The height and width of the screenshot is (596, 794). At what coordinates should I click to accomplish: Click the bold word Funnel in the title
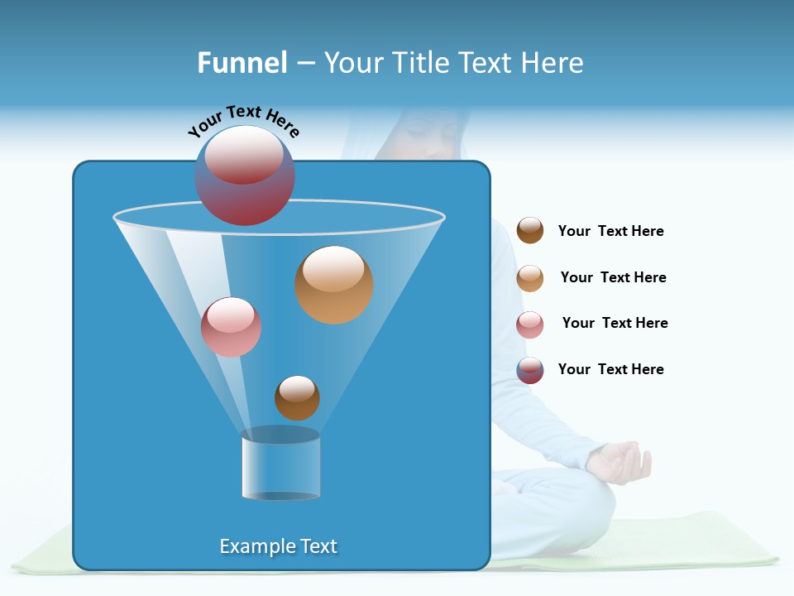(x=242, y=63)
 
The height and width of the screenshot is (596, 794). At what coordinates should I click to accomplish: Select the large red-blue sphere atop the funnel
(x=245, y=175)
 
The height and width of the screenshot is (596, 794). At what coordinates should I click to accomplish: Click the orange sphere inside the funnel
(x=334, y=285)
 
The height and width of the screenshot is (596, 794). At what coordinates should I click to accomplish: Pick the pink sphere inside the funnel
(x=231, y=327)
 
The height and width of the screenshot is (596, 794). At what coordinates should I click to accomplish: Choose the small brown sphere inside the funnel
(x=297, y=398)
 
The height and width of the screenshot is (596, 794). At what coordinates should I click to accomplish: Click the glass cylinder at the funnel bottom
(x=281, y=466)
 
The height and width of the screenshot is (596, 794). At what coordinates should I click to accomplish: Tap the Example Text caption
(x=278, y=546)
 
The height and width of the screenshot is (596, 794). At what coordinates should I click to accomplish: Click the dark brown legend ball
(x=530, y=231)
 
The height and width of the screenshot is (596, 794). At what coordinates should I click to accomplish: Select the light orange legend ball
(x=530, y=278)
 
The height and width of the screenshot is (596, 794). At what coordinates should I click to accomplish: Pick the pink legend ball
(x=530, y=324)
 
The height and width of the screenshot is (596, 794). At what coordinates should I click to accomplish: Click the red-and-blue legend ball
(x=530, y=370)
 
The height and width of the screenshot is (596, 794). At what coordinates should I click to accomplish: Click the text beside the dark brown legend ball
(x=610, y=231)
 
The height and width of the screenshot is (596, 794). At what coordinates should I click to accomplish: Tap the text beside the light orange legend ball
(x=613, y=277)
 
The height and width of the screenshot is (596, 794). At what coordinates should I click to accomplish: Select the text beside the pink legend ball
(x=615, y=323)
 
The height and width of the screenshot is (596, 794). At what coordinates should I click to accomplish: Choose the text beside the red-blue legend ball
(x=610, y=369)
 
